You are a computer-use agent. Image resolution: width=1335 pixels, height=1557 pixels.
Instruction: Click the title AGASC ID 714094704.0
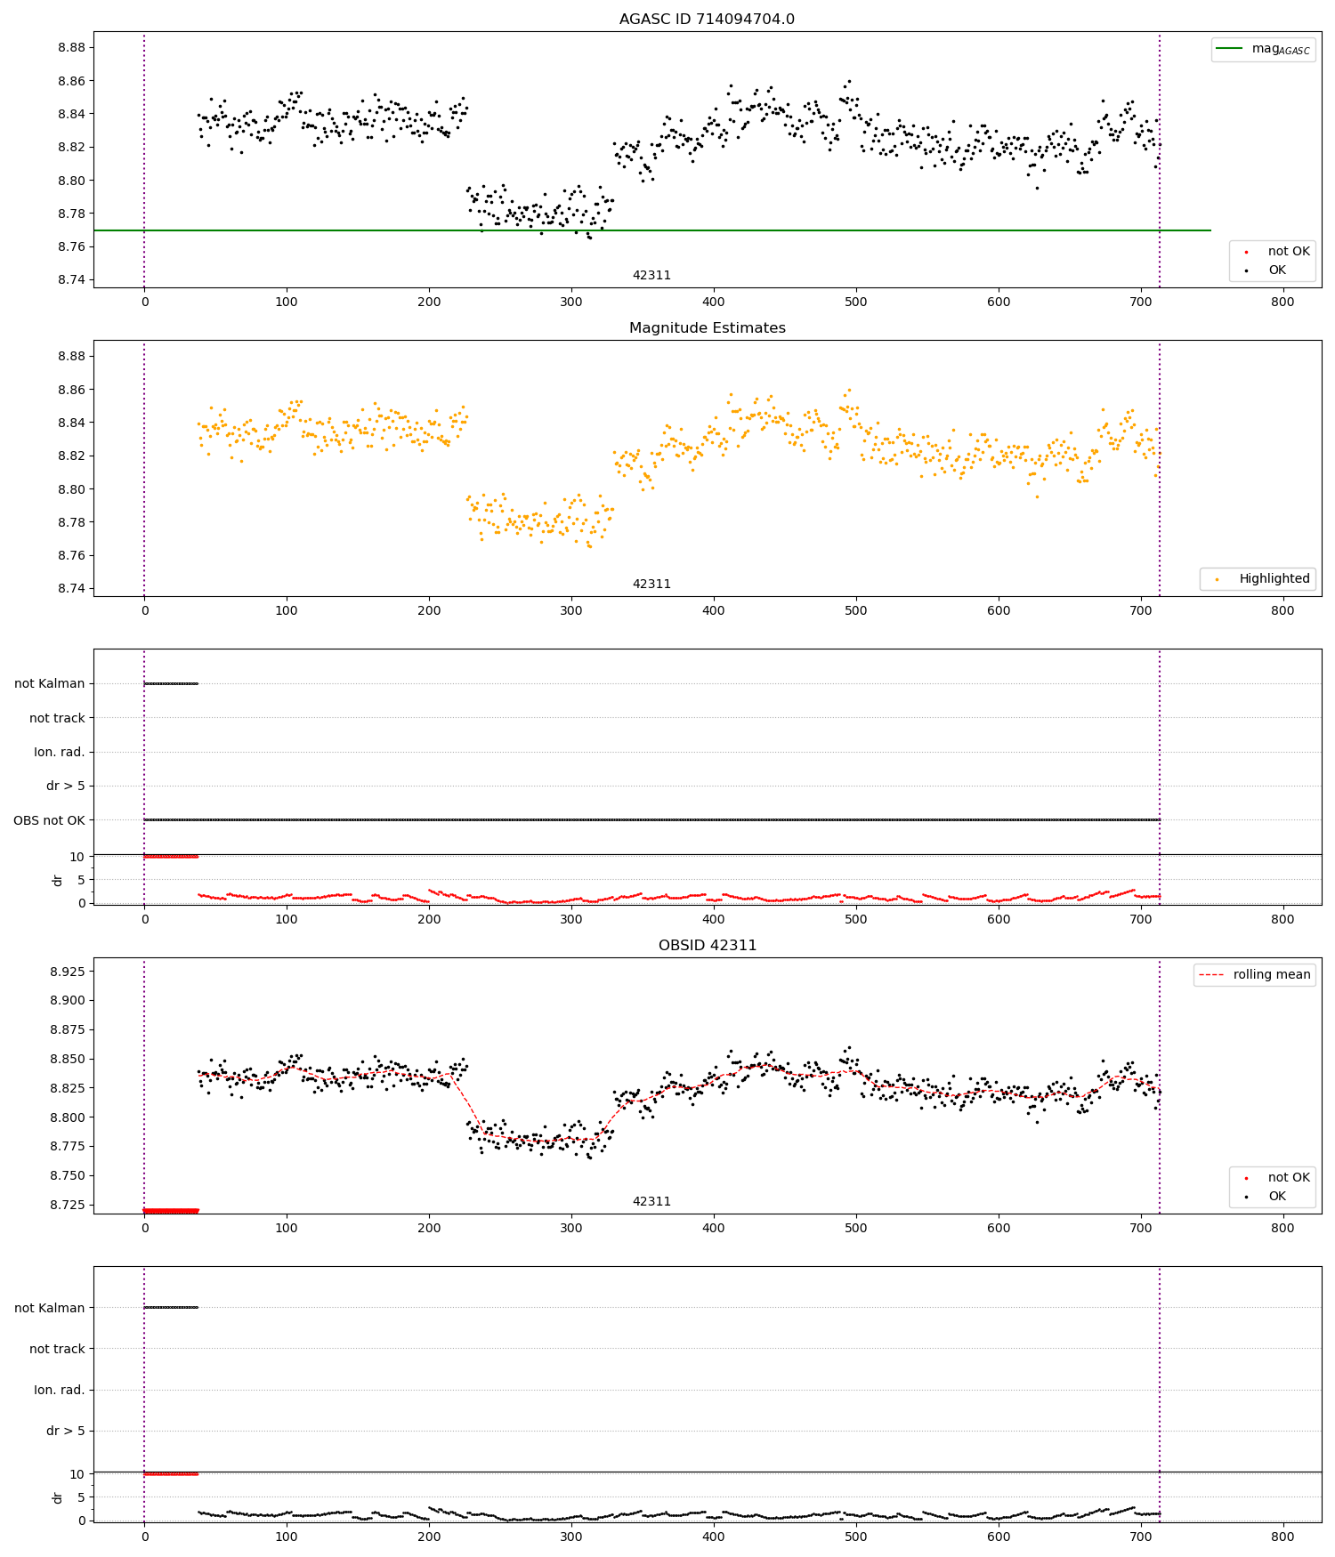click(x=707, y=20)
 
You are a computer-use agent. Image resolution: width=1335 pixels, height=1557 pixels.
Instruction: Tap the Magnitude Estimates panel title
click(x=707, y=328)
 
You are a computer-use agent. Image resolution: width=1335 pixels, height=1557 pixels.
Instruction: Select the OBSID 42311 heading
click(x=707, y=946)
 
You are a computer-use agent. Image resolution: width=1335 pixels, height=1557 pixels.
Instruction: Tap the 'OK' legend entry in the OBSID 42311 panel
click(x=1276, y=1196)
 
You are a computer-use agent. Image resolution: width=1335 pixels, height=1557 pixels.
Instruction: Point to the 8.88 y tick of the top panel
click(x=71, y=48)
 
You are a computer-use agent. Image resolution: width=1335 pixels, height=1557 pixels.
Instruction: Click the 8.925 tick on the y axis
click(x=68, y=972)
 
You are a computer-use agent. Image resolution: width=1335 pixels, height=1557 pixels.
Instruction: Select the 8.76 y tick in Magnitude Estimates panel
click(x=71, y=555)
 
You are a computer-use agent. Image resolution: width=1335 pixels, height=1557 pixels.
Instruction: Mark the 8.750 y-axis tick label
click(x=68, y=1175)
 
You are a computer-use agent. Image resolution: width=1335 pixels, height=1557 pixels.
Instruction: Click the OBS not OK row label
click(x=49, y=820)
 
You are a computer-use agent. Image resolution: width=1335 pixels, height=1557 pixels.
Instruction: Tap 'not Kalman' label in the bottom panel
click(x=49, y=1308)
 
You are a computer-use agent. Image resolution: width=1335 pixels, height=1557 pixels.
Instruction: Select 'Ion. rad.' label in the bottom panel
click(x=59, y=1390)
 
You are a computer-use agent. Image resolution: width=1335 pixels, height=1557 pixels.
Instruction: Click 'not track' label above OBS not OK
click(x=57, y=718)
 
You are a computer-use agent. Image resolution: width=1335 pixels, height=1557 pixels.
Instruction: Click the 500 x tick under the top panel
click(x=855, y=302)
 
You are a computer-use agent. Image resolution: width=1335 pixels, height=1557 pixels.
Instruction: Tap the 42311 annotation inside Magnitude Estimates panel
click(x=651, y=584)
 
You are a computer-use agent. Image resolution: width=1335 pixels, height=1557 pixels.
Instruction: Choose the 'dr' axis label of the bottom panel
click(x=58, y=1498)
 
